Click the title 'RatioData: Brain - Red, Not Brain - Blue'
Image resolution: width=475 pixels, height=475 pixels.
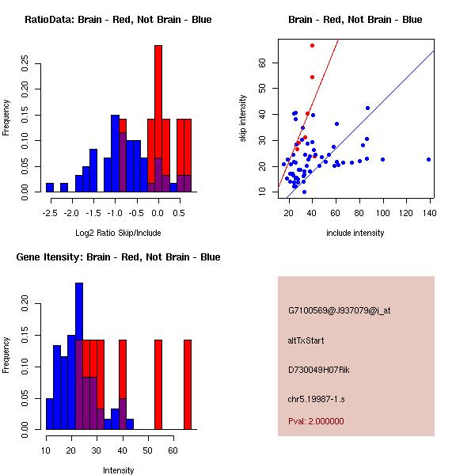[118, 20]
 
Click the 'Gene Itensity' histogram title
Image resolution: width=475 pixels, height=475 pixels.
[118, 257]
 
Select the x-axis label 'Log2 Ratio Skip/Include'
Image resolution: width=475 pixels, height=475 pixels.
[118, 233]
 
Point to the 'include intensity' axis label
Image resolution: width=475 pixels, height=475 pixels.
[355, 233]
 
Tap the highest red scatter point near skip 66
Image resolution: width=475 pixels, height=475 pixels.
[313, 46]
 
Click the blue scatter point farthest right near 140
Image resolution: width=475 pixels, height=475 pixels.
[428, 159]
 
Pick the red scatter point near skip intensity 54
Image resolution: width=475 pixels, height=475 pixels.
[313, 77]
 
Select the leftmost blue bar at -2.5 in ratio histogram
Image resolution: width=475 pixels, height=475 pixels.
[50, 188]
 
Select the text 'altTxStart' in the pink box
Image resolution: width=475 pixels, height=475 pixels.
[306, 340]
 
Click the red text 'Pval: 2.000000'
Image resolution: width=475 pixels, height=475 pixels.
[317, 421]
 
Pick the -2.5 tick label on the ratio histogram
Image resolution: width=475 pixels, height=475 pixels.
[50, 212]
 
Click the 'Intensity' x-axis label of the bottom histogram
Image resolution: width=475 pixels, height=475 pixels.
[118, 470]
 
